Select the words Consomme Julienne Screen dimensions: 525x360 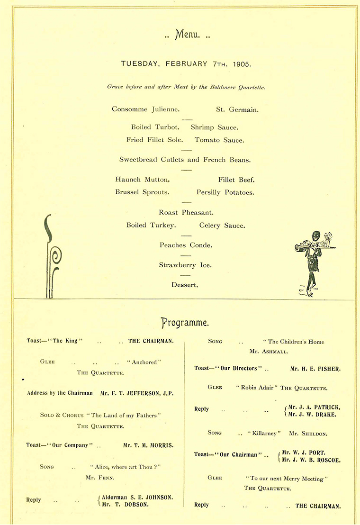tap(145, 109)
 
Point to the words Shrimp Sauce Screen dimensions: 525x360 tap(214, 127)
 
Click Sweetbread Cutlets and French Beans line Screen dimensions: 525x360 tap(185, 160)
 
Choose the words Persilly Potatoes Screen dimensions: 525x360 tap(225, 192)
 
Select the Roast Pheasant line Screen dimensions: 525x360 tap(186, 213)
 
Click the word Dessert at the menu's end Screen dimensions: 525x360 tap(185, 285)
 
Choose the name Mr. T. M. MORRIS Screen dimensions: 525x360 tap(148, 445)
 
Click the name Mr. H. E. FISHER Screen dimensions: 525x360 tap(315, 368)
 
